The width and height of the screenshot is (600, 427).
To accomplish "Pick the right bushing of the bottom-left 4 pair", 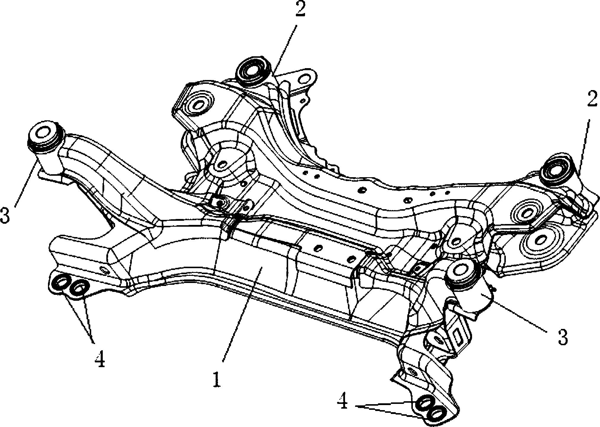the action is click(79, 288).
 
